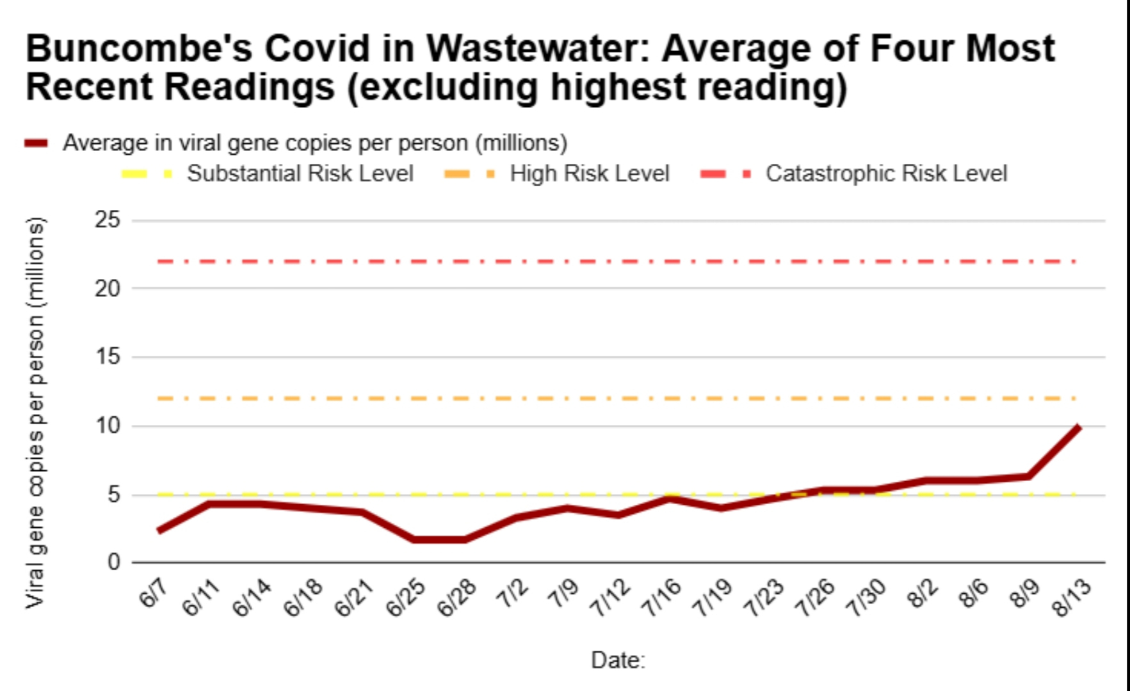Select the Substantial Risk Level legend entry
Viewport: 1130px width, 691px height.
(300, 173)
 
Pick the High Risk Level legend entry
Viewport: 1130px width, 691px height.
(589, 173)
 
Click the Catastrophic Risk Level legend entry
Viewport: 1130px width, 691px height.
(886, 173)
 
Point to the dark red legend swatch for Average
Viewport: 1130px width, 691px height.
(36, 143)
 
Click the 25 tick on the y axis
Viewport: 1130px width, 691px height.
(107, 220)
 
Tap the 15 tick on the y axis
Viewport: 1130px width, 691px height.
(107, 356)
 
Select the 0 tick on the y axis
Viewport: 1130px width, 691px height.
(114, 562)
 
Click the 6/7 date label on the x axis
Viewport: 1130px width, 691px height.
(152, 594)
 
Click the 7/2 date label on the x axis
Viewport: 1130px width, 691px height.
(512, 594)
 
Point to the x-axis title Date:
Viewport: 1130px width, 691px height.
(618, 660)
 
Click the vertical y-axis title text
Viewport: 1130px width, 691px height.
(36, 413)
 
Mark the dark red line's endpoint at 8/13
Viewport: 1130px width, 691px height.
(1079, 427)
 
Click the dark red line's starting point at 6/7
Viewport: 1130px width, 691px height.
(158, 530)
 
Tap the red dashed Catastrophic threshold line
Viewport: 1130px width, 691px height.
(615, 262)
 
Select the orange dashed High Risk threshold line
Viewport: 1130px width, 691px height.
(615, 399)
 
